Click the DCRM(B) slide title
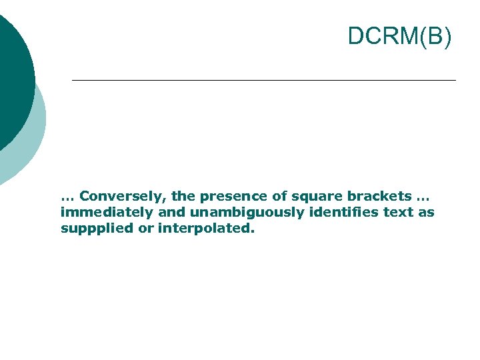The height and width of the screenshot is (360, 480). coord(399,37)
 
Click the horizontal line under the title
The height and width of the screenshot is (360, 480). coord(263,81)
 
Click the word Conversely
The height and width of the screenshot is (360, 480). coord(123,197)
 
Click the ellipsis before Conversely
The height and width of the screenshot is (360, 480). coord(67,198)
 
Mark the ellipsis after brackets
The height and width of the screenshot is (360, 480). coord(424,198)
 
